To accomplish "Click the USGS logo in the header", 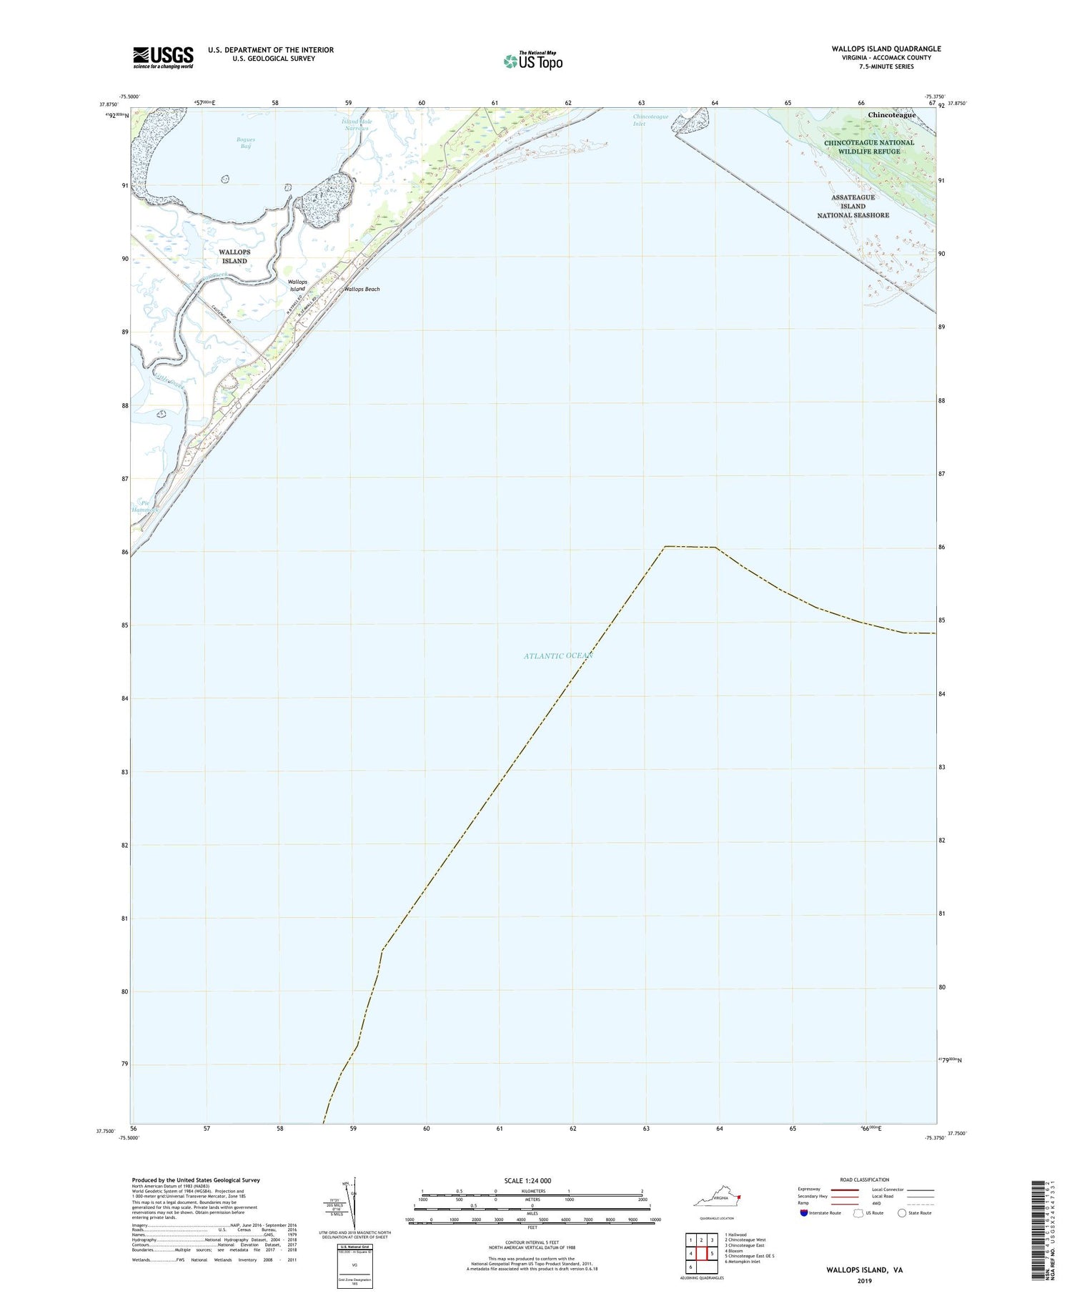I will click(x=163, y=57).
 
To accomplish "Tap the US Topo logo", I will click(x=533, y=61).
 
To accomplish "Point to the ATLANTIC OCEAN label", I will click(x=557, y=656).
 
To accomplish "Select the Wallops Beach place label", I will click(x=362, y=290).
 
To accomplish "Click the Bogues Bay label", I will click(x=246, y=143).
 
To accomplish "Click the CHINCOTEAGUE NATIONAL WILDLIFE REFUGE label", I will click(x=869, y=147).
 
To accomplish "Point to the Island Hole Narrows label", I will click(x=356, y=124).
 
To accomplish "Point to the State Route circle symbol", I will click(x=902, y=1213).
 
